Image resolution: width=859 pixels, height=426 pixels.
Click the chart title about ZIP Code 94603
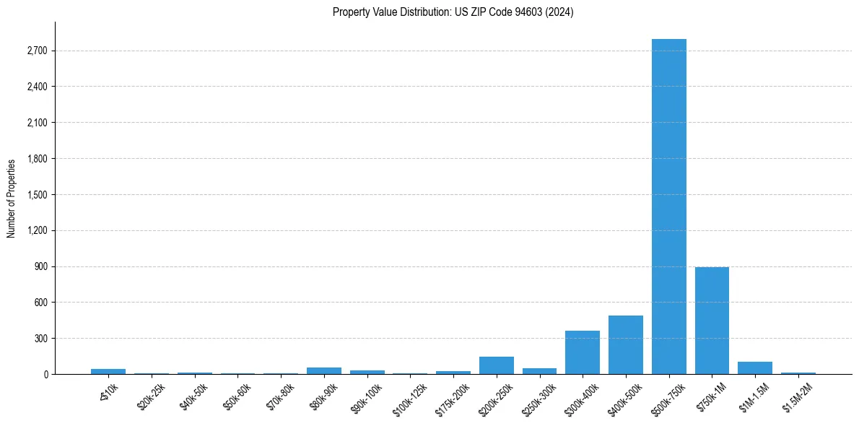[453, 12]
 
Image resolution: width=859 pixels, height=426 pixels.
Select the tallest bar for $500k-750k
[668, 207]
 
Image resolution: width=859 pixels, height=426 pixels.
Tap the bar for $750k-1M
[712, 321]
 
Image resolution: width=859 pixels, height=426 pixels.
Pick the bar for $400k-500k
[625, 345]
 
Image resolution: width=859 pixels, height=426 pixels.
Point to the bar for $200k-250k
[496, 365]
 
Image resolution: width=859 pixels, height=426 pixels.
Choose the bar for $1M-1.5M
[755, 368]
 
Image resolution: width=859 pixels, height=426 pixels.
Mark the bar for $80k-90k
[324, 370]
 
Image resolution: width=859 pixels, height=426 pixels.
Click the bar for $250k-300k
[539, 371]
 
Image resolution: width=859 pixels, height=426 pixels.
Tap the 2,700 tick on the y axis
[36, 51]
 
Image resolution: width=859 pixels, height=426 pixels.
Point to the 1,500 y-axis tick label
[36, 195]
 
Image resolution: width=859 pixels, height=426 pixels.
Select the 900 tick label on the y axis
[40, 266]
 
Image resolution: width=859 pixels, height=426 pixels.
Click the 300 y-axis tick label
[40, 339]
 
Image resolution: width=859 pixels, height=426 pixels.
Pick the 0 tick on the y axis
[45, 375]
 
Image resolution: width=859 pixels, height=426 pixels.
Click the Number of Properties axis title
[12, 198]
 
